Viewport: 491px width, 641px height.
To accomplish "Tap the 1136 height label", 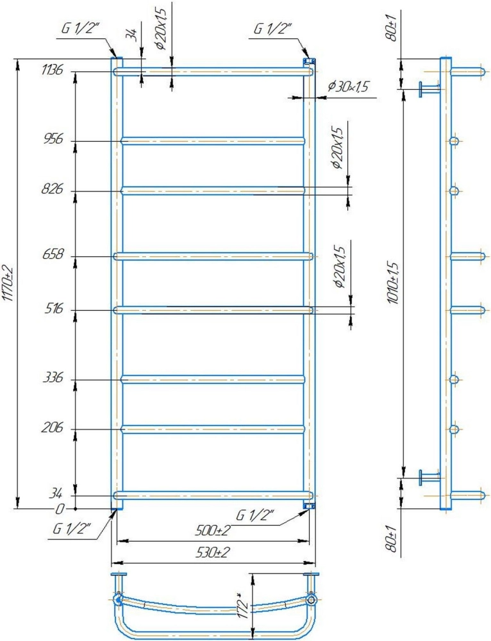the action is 52,70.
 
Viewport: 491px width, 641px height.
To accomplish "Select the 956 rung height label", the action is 53,139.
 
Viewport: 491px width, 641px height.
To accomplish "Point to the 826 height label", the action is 53,189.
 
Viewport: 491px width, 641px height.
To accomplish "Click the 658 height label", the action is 53,254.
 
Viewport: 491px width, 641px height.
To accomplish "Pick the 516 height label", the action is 54,308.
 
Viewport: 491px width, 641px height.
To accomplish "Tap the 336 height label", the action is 53,378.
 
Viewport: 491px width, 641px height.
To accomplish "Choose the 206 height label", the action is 53,428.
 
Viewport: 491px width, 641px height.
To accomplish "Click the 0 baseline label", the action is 60,509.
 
